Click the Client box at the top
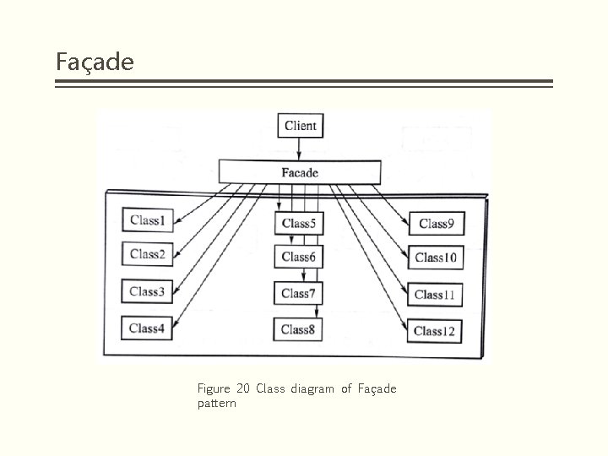300,126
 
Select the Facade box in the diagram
300,172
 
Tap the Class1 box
147,221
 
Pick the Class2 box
147,254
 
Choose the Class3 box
146,292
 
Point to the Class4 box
146,328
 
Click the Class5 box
298,224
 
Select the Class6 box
298,257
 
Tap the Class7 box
298,294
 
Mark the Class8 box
298,330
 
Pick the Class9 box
436,224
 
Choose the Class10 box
436,258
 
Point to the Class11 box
435,295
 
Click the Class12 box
434,331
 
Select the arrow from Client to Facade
300,149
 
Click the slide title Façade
95,62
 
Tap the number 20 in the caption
243,388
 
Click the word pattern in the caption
216,404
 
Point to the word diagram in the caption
312,388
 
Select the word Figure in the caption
214,388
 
